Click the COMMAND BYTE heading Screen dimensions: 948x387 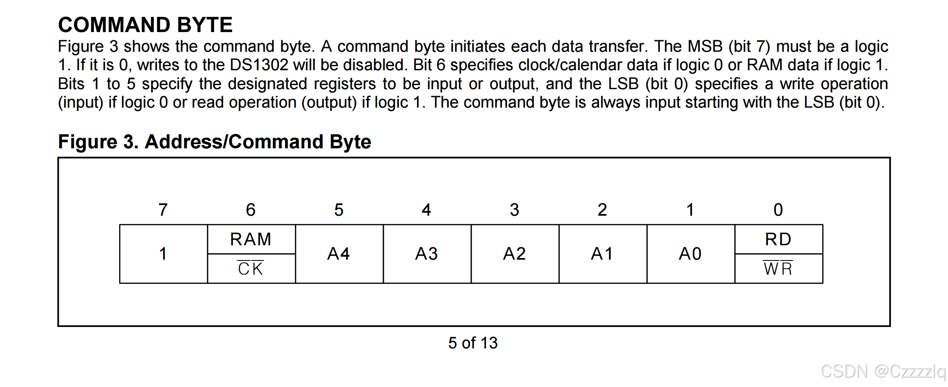point(145,25)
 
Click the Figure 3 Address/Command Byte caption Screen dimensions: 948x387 point(214,142)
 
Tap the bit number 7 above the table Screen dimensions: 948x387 point(163,210)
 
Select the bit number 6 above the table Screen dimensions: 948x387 point(251,210)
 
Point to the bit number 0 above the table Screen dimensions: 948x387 point(778,210)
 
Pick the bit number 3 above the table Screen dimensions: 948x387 point(514,210)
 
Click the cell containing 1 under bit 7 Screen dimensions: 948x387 point(163,254)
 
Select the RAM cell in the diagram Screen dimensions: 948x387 point(251,239)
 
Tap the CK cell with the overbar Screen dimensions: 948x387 point(251,269)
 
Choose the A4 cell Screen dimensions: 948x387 point(339,254)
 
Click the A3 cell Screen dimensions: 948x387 point(427,254)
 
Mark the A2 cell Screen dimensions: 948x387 point(514,254)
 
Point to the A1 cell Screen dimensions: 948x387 point(602,254)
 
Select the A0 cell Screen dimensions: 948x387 point(690,254)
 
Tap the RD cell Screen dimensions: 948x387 point(778,239)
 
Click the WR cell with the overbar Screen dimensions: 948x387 point(778,269)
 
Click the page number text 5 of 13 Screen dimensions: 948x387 point(473,343)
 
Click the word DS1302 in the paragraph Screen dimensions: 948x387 point(259,65)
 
